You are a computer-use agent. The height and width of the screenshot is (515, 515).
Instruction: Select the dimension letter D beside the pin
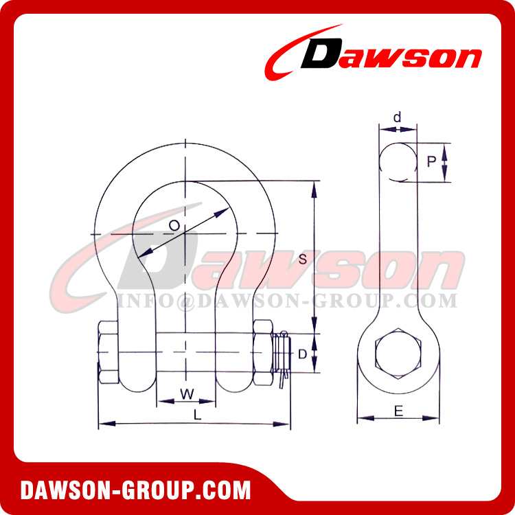[301, 354]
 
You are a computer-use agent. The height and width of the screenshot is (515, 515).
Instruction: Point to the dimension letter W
[186, 393]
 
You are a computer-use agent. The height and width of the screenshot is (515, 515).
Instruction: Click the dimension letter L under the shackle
[198, 415]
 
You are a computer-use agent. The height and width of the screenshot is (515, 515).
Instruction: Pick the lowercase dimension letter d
[397, 118]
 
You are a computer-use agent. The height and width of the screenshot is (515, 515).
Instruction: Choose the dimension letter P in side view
[431, 162]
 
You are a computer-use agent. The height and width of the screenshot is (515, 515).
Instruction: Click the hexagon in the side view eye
[398, 355]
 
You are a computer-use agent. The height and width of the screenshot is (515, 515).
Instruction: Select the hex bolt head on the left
[110, 352]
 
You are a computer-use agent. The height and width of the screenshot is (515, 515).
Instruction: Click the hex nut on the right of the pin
[263, 353]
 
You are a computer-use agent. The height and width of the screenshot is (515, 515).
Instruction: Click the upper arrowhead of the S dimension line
[314, 187]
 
